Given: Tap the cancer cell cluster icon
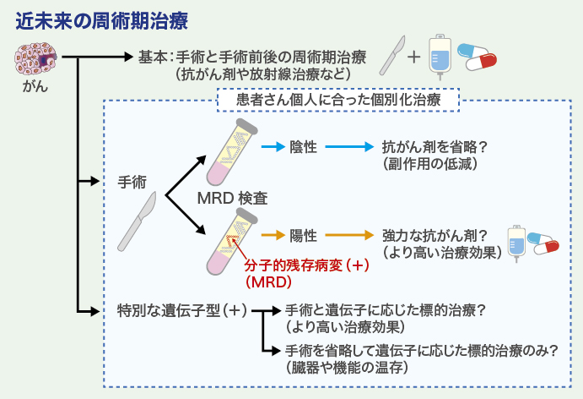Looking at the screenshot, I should click(x=35, y=58).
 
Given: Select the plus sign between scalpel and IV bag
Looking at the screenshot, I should click(x=413, y=57).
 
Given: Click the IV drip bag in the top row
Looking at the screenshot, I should click(x=439, y=58).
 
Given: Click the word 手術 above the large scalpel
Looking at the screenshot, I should click(x=132, y=182).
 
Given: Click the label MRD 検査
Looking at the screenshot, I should click(x=232, y=199).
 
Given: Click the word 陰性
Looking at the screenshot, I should click(x=303, y=146).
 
